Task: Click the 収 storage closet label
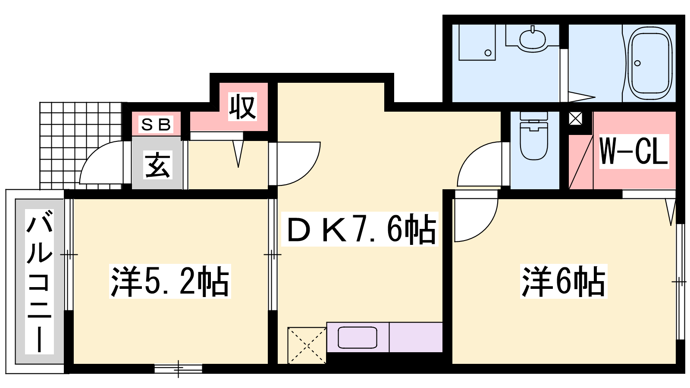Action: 242,106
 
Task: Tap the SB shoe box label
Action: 156,125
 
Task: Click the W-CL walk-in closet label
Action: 634,151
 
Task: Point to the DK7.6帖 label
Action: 360,229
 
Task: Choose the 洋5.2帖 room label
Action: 170,281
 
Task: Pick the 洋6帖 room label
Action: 564,281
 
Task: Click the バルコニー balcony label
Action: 39,282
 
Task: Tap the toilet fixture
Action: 534,135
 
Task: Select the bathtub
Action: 650,63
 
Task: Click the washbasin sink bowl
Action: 532,39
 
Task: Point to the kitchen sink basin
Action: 358,338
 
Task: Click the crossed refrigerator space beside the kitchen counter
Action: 307,345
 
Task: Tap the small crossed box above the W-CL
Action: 575,119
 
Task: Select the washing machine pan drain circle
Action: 488,53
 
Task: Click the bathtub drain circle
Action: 638,63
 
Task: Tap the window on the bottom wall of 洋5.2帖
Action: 179,368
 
